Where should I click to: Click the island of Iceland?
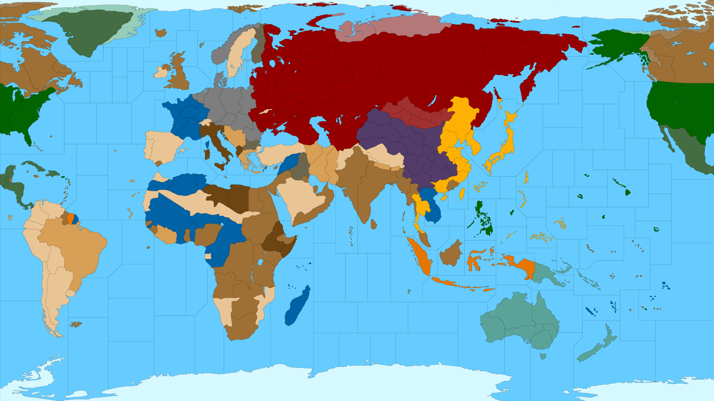point(161,33)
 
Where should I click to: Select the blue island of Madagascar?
point(297,306)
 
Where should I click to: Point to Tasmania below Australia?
point(542,356)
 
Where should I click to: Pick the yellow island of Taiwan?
point(462,194)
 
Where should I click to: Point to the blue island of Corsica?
point(207,144)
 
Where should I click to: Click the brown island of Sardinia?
point(207,154)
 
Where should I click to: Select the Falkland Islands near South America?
point(76,324)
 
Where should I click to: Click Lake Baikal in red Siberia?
point(433,100)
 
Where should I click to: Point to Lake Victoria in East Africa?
point(260,262)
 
